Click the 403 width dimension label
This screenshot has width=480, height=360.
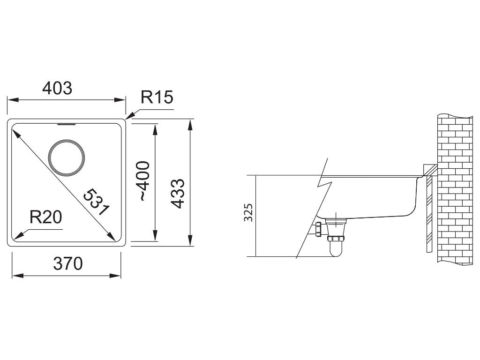57,88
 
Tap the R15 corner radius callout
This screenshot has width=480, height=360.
157,97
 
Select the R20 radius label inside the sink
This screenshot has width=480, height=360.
45,217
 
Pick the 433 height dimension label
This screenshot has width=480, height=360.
178,194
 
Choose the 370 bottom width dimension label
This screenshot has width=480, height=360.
68,263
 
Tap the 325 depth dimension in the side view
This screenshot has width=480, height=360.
248,212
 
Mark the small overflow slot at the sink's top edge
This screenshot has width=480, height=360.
66,124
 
